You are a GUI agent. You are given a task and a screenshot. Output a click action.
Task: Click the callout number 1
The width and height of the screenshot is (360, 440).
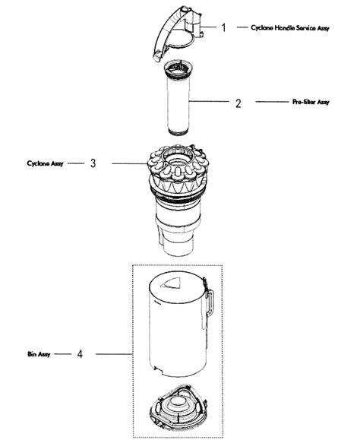pos(225,27)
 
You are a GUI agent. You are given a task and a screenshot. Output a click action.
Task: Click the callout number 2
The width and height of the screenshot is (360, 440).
pos(238,102)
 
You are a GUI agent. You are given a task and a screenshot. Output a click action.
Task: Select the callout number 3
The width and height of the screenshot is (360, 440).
pos(93,163)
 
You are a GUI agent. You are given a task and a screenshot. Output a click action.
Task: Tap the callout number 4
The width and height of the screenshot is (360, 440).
pos(80,354)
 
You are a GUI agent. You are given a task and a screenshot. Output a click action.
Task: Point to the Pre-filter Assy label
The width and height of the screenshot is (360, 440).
pos(310,102)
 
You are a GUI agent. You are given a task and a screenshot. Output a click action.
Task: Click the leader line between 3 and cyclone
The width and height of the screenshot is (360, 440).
pos(121,163)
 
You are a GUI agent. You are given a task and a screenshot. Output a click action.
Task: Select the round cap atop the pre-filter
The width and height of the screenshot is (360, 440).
pos(182,70)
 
